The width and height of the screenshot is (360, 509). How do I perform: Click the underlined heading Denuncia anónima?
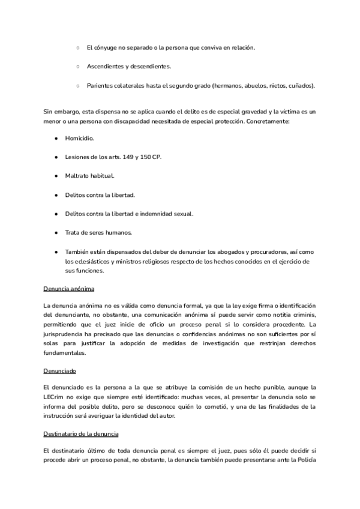click(x=68, y=289)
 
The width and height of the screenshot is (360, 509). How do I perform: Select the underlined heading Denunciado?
click(x=60, y=371)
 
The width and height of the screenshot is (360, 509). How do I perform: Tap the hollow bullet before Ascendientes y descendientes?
click(x=78, y=67)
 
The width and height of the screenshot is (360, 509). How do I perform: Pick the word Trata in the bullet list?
click(x=73, y=232)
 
